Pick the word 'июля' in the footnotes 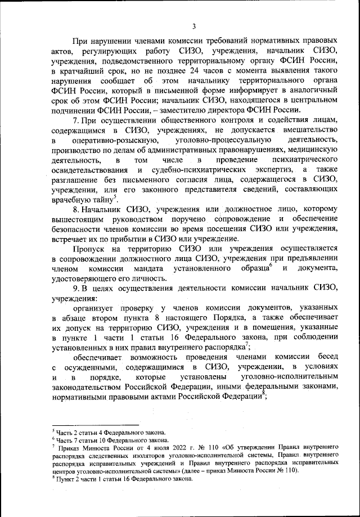(x=133, y=448)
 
